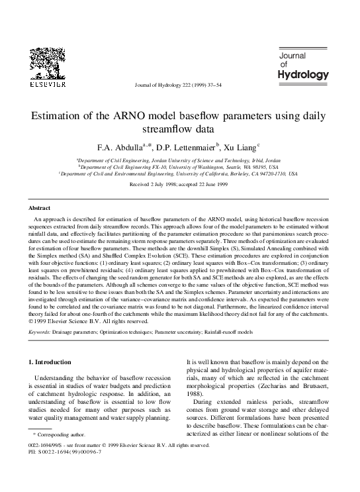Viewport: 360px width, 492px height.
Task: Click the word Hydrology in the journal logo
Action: click(302, 75)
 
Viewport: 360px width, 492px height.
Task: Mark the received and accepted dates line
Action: click(180, 186)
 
